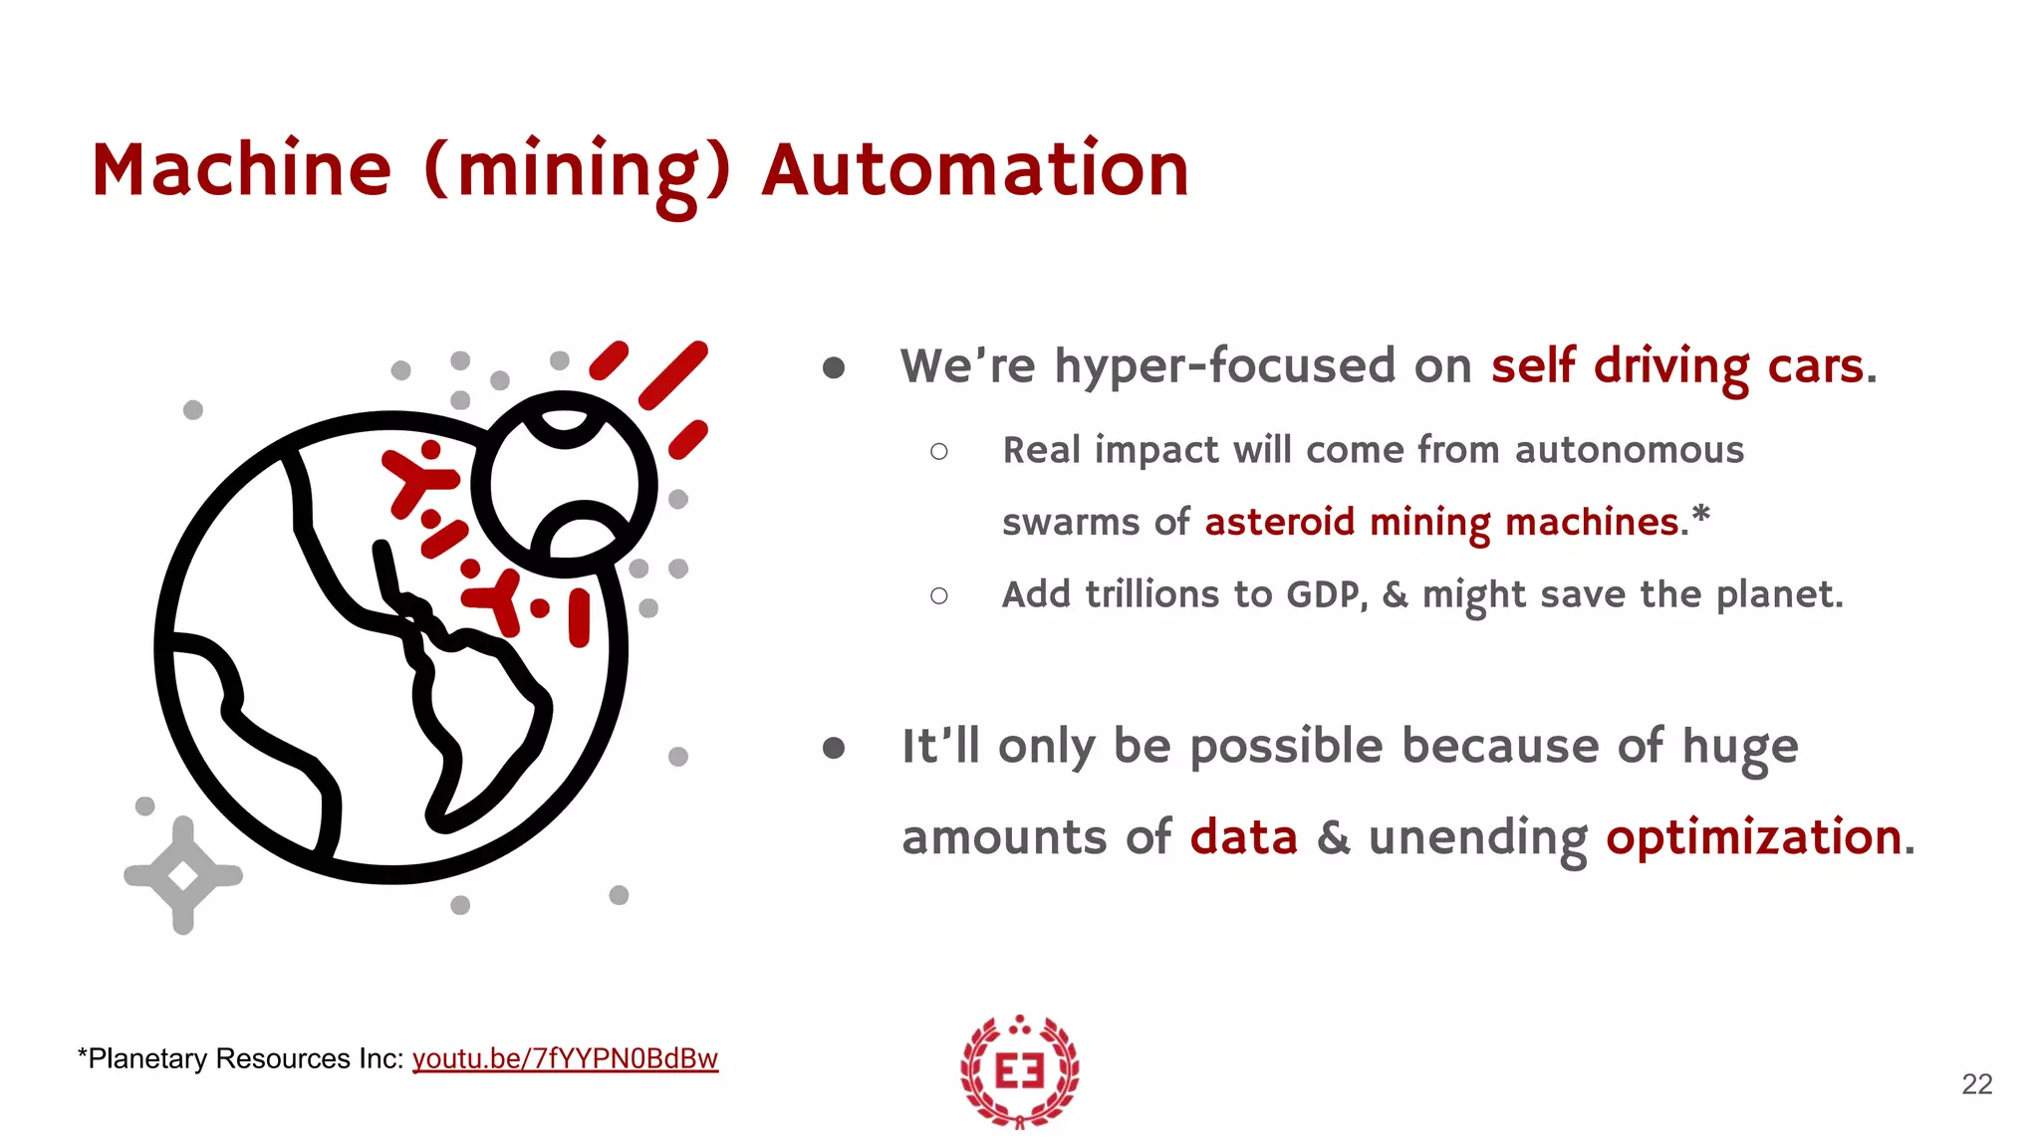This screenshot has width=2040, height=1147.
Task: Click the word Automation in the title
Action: [975, 170]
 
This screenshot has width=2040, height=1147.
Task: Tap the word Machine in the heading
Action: [241, 170]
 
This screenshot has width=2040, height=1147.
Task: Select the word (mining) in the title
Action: [578, 172]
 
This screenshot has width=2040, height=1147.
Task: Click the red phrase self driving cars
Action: [1677, 365]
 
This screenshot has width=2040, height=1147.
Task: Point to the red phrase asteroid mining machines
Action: [1441, 522]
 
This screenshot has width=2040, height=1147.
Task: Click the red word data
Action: [1243, 836]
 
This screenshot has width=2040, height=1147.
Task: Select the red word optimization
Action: [1753, 836]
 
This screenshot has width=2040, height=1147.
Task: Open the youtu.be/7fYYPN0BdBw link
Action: [565, 1058]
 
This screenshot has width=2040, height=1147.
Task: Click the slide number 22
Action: [1976, 1084]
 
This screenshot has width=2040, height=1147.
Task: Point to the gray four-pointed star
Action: [183, 875]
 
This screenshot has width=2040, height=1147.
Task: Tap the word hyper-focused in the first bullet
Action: [1226, 365]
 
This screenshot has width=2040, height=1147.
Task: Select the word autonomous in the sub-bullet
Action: [1629, 450]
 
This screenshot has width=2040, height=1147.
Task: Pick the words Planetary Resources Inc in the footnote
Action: [244, 1058]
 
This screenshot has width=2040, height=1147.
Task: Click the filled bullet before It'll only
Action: [834, 748]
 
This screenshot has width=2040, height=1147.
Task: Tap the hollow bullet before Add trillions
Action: [938, 595]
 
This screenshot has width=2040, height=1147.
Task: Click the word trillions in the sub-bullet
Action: [1151, 594]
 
